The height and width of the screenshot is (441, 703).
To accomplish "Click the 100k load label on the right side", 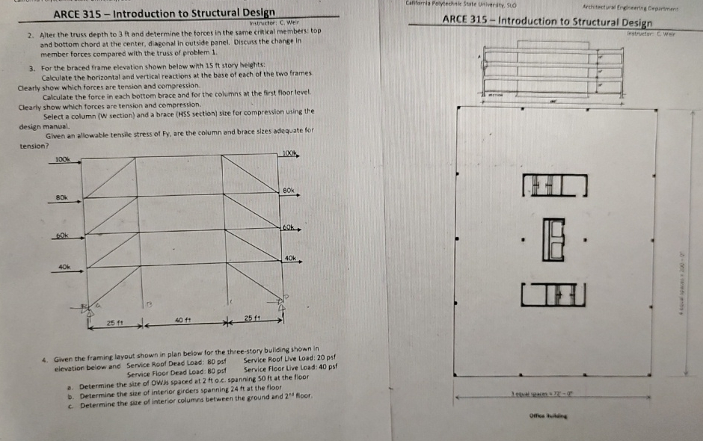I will click(x=291, y=153).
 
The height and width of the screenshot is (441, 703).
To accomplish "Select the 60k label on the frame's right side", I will click(x=290, y=226).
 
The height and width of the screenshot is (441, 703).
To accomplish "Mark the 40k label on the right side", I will click(x=291, y=258).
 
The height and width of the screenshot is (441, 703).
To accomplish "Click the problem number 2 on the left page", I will click(x=29, y=34).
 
